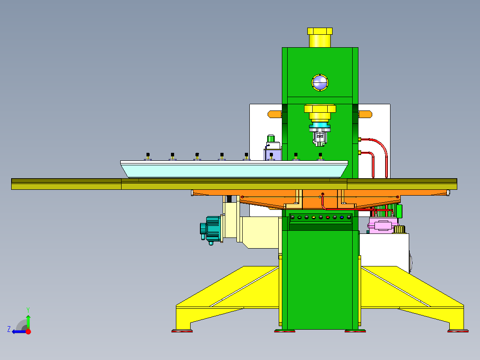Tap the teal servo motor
coord(212,229)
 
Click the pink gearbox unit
coord(381,226)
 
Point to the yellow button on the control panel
coord(313,217)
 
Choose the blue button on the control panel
coord(342,217)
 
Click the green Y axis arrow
coord(28,320)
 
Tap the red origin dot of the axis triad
coord(28,331)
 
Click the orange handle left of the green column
coord(275,115)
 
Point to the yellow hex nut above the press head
coord(319,109)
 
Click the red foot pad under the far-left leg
coord(183,331)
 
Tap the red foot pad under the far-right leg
coord(458,331)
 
